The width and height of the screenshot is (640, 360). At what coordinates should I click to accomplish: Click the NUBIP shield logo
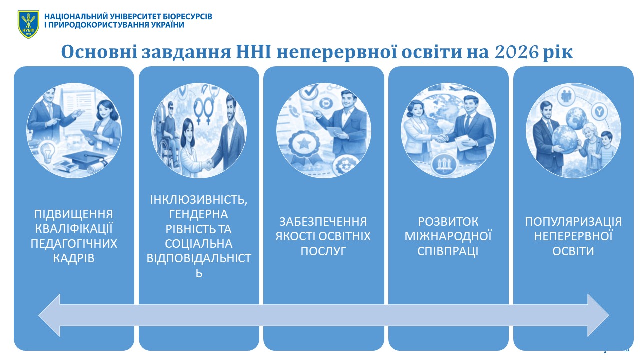[28, 24]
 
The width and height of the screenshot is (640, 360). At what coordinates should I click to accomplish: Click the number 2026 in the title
[517, 52]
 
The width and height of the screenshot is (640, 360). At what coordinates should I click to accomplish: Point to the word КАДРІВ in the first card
[74, 258]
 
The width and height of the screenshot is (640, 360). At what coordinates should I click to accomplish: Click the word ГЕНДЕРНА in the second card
[199, 214]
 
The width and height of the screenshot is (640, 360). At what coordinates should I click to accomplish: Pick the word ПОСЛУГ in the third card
[323, 251]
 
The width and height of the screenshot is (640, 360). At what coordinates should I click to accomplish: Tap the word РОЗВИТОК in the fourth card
[448, 221]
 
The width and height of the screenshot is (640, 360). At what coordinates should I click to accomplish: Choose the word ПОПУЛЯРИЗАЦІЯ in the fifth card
[573, 221]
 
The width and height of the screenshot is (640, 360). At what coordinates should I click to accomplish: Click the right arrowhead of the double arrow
[598, 315]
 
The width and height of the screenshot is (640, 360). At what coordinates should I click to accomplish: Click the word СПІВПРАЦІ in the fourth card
[448, 251]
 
